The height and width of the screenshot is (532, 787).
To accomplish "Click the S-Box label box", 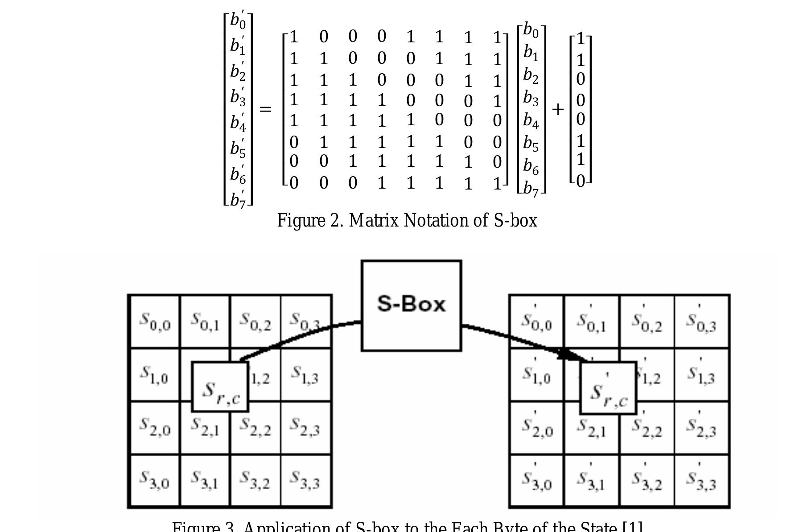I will click(411, 305).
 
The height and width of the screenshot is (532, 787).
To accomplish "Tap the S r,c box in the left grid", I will click(220, 387).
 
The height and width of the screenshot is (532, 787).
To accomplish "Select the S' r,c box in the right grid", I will click(608, 388).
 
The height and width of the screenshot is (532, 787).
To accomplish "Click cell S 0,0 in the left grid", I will click(154, 321).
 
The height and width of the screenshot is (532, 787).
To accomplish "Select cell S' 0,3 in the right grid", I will click(701, 321).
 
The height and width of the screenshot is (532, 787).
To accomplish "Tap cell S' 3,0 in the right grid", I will click(536, 481).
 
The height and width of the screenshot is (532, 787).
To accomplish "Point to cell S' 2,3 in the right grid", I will click(701, 428).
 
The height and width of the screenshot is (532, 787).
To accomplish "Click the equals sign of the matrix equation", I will click(265, 109).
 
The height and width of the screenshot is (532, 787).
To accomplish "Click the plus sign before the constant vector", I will click(557, 109).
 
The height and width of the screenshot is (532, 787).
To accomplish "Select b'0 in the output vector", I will click(238, 21).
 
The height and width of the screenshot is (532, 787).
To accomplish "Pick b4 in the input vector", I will click(531, 120).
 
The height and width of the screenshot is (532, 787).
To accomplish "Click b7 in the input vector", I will click(531, 189).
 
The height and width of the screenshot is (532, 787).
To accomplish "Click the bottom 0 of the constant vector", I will click(580, 181).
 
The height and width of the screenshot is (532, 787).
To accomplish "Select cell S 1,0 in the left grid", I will click(154, 375).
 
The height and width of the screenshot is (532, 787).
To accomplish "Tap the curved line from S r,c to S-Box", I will click(294, 337).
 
